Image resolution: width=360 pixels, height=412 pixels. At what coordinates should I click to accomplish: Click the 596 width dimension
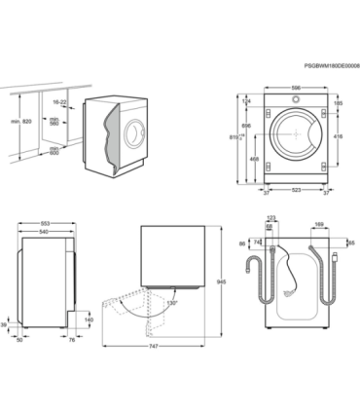coord(295,88)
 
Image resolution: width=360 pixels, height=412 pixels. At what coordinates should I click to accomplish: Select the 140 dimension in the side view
coord(89,319)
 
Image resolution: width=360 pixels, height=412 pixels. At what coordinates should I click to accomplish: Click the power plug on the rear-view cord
coord(334,258)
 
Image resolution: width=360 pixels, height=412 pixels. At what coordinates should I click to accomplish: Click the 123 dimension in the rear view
coord(271,218)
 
